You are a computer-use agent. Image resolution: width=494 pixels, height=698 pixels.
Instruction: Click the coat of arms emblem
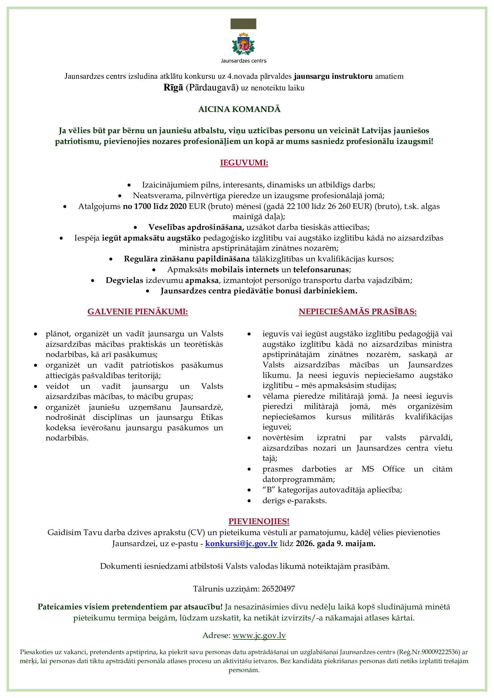pos(243,44)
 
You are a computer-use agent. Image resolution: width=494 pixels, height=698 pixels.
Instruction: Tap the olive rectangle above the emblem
pos(243,24)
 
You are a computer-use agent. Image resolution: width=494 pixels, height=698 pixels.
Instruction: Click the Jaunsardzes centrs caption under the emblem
pos(243,61)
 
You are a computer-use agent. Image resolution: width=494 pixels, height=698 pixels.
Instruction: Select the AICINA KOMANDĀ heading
pos(240,109)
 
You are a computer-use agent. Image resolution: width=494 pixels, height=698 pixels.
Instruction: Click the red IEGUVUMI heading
pos(244,163)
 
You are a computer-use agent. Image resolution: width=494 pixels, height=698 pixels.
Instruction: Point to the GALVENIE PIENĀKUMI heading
pos(137,312)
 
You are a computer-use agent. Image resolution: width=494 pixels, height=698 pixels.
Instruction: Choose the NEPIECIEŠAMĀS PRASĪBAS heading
pos(358,312)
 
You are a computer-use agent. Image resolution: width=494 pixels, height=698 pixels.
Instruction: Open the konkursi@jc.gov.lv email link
pos(241,543)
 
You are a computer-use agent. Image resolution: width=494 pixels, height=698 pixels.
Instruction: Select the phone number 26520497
pos(278,589)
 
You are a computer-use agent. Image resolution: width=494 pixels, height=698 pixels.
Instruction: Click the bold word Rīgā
pos(173,87)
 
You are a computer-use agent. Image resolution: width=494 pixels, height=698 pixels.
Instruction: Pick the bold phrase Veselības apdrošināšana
pos(196,227)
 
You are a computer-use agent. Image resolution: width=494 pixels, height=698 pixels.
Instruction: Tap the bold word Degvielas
pos(125,280)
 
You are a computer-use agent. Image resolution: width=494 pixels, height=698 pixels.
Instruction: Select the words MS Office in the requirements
pos(383,469)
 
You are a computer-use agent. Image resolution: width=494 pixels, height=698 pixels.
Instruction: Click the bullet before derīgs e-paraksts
pos(249,501)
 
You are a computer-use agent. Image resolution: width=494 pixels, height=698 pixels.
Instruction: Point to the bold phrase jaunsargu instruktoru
pos(333,76)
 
